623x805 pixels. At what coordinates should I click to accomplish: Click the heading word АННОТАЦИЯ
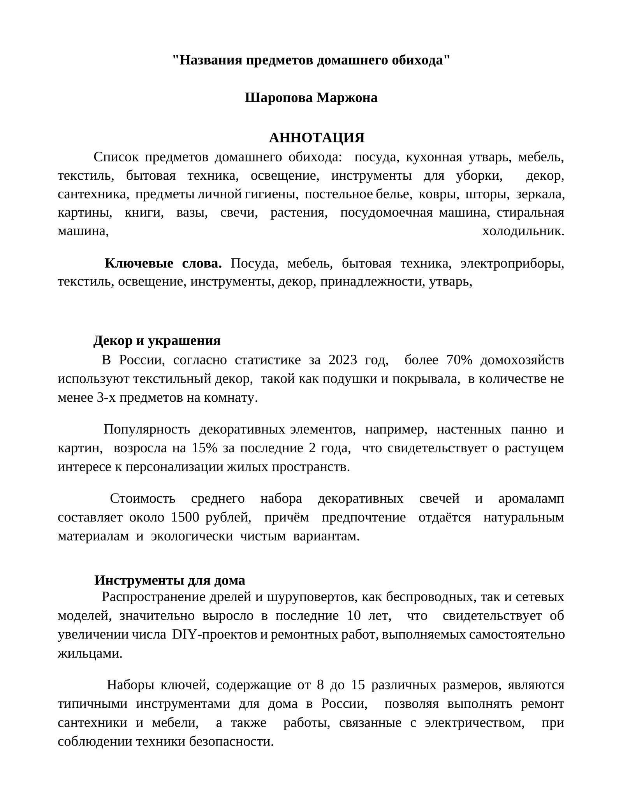(317, 138)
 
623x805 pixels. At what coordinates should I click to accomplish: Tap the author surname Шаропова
(278, 98)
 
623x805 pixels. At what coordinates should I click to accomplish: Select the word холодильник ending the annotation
(523, 231)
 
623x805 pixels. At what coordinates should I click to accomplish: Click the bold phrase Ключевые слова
(163, 263)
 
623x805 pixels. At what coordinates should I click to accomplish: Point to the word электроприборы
(512, 263)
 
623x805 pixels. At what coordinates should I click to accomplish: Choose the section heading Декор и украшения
(157, 341)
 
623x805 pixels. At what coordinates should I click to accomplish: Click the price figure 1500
(185, 518)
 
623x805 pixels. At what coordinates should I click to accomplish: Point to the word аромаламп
(531, 499)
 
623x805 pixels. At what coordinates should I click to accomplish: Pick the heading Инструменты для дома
(169, 580)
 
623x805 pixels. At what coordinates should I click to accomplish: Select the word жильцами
(90, 653)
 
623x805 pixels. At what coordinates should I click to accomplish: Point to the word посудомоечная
(386, 213)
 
